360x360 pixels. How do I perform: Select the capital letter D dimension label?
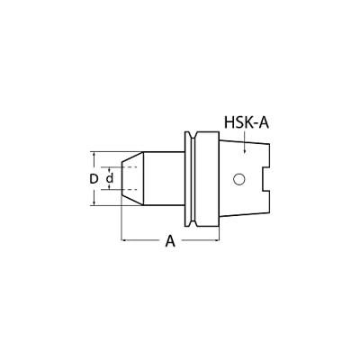pyautogui.click(x=94, y=178)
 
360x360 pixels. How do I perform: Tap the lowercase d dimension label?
pyautogui.click(x=110, y=178)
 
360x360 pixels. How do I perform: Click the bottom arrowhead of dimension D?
pyautogui.click(x=100, y=203)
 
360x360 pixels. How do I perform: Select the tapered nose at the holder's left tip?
pyautogui.click(x=130, y=179)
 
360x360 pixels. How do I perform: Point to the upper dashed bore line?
pyautogui.click(x=131, y=167)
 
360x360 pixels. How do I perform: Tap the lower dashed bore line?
pyautogui.click(x=131, y=191)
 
